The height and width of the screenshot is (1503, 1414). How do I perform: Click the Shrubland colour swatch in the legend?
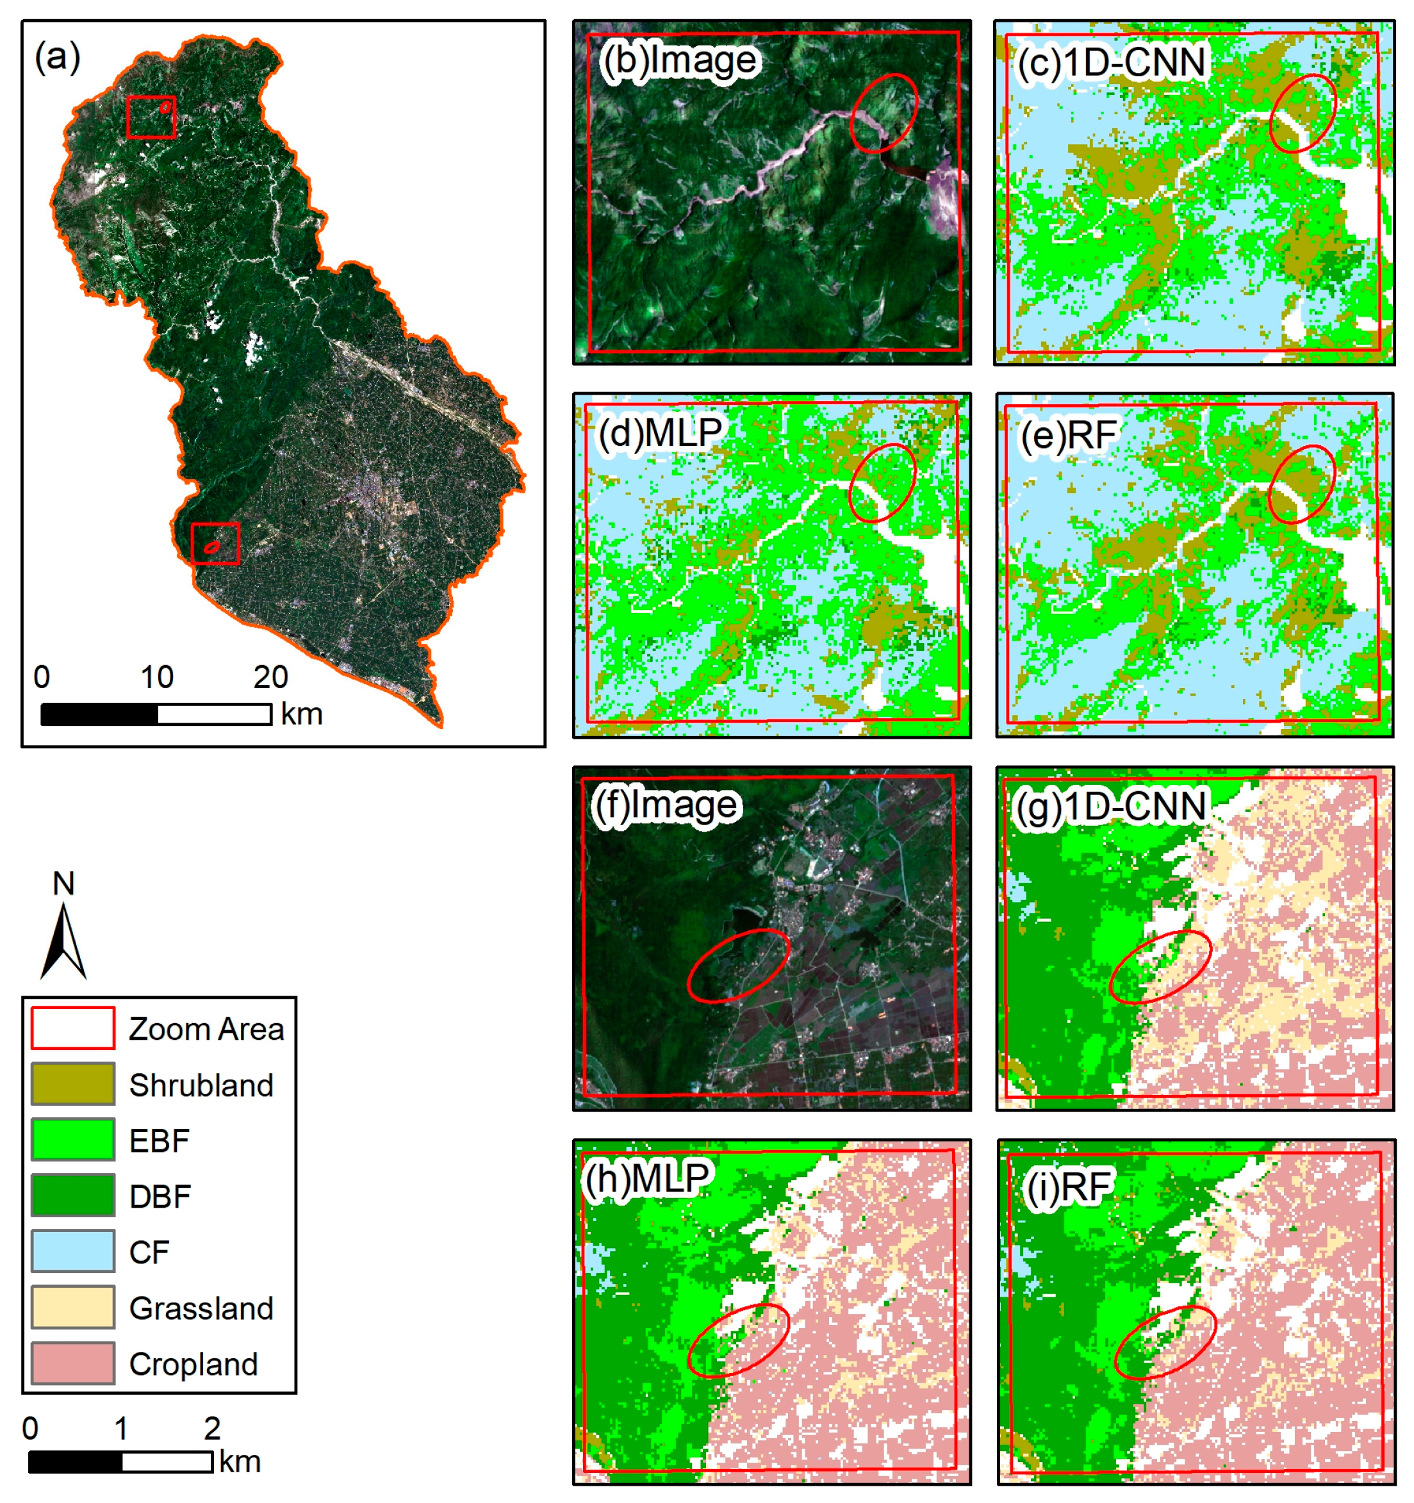[72, 1083]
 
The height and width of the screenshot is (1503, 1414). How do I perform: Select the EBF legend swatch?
[72, 1139]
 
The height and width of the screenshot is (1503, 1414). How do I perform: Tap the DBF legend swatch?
[72, 1195]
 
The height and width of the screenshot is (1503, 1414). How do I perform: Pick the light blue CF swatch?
[72, 1251]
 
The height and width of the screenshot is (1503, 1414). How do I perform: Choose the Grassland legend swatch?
[72, 1307]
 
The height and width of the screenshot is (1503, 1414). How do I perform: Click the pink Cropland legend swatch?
[72, 1363]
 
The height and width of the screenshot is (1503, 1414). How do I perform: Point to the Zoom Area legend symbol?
[72, 1028]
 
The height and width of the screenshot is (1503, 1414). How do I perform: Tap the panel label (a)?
[58, 58]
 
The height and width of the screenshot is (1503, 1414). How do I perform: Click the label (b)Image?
[679, 60]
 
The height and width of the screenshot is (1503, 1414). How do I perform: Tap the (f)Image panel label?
[664, 805]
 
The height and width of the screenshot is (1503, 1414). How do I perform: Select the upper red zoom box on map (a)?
[151, 117]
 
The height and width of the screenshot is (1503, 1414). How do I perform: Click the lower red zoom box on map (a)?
[215, 543]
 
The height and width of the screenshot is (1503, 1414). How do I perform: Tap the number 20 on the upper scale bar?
[270, 677]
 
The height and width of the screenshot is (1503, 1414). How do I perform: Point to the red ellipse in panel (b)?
[883, 113]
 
